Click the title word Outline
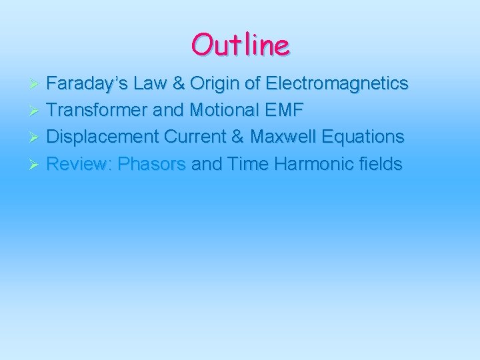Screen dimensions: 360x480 pos(240,45)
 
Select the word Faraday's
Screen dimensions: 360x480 pos(87,84)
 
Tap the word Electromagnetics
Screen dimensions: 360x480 pos(337,84)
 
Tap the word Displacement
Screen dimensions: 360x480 pos(102,137)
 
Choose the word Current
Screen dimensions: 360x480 pos(204,137)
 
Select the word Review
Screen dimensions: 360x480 pos(79,164)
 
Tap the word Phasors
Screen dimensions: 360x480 pos(151,164)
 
